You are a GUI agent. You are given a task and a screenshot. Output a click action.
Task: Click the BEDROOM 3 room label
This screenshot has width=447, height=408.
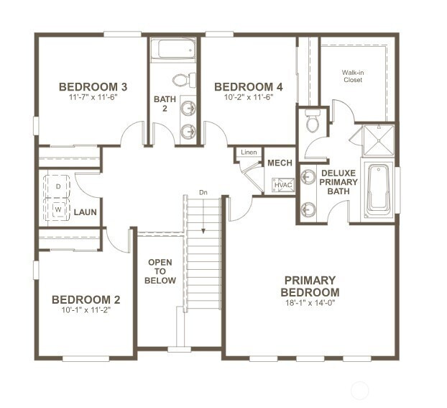pyautogui.click(x=93, y=87)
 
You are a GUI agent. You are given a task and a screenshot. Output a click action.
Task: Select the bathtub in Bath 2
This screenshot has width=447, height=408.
pyautogui.click(x=172, y=50)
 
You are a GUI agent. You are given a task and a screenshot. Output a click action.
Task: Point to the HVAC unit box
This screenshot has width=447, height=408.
pyautogui.click(x=283, y=185)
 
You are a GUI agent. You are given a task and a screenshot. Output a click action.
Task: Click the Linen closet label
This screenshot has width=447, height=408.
pyautogui.click(x=249, y=152)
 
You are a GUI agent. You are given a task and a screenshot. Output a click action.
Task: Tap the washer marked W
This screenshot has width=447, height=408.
pyautogui.click(x=58, y=209)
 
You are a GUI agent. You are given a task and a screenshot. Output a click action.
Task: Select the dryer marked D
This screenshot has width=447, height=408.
pyautogui.click(x=58, y=186)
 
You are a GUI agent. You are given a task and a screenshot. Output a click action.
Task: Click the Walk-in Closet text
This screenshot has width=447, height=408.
pyautogui.click(x=353, y=76)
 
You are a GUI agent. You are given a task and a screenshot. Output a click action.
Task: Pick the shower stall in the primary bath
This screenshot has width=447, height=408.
pyautogui.click(x=378, y=140)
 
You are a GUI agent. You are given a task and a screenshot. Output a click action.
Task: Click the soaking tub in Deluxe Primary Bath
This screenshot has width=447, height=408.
pyautogui.click(x=378, y=190)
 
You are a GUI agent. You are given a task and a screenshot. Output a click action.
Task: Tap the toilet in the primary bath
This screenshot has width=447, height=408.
pyautogui.click(x=313, y=121)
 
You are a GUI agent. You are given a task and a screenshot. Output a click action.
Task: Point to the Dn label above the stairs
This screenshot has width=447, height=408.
pyautogui.click(x=203, y=193)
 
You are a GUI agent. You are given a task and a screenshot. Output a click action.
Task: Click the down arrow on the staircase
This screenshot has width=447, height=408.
pyautogui.click(x=203, y=215)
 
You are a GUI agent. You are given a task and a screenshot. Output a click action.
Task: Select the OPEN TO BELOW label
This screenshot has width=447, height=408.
pyautogui.click(x=160, y=271)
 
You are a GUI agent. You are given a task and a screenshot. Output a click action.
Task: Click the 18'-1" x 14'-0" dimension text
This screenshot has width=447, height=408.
pyautogui.click(x=310, y=303)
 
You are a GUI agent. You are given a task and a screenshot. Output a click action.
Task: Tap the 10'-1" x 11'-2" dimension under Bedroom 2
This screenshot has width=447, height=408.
pyautogui.click(x=86, y=310)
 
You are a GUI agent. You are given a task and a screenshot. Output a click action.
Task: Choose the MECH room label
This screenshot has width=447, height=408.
pyautogui.click(x=280, y=163)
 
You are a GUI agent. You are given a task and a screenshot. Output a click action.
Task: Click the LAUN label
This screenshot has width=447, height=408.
pyautogui.click(x=86, y=212)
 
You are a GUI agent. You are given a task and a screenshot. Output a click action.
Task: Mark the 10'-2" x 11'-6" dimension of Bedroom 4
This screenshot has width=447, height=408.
pyautogui.click(x=249, y=97)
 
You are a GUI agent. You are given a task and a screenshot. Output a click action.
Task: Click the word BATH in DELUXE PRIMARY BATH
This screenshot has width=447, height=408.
pyautogui.click(x=338, y=191)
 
